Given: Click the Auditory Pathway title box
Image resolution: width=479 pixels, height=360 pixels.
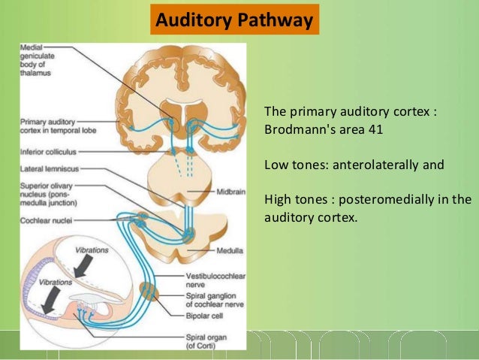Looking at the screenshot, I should click(233, 20).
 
